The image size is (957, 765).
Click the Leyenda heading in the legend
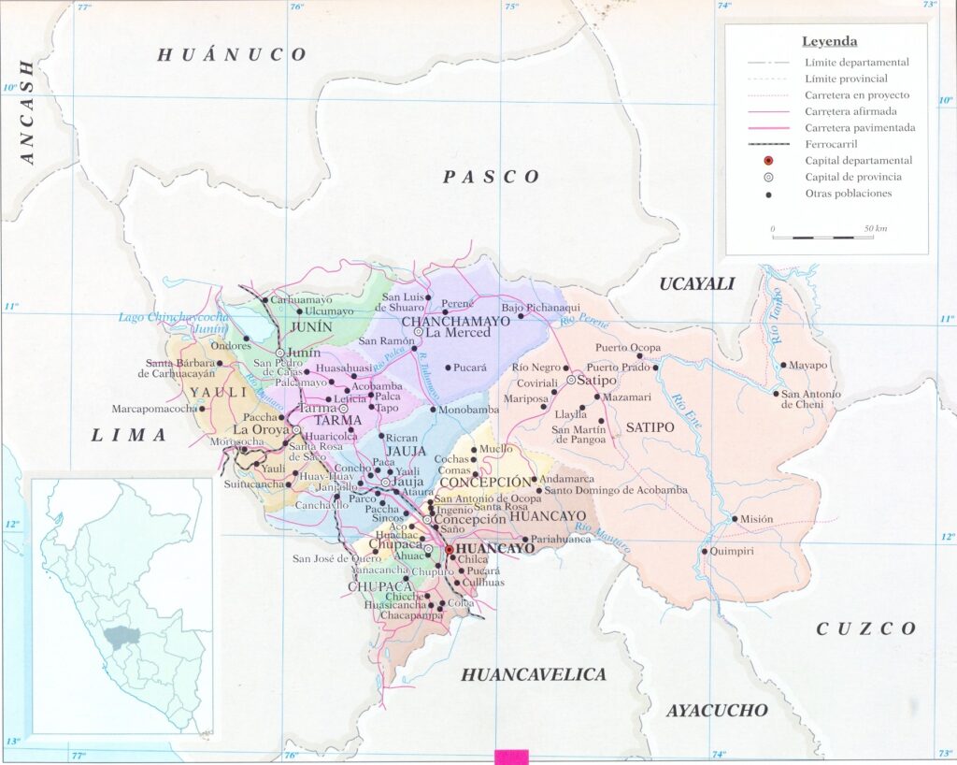pos(829,41)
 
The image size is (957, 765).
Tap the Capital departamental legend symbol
pos(767,161)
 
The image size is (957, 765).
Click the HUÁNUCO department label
pos(231,55)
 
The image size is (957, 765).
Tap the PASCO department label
pos(492,177)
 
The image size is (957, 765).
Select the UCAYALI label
pos(697,283)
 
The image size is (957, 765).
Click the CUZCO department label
pos(866,628)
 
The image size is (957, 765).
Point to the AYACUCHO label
pos(717,711)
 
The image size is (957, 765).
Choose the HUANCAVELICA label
pos(534,674)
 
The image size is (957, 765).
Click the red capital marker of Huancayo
pos(449,550)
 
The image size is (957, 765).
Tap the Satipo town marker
pos(570,381)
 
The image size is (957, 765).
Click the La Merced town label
pos(458,332)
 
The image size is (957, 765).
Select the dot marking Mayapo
pos(783,366)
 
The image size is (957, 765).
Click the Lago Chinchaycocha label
pos(173,318)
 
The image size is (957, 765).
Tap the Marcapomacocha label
pos(154,409)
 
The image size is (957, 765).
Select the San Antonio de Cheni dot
pos(776,394)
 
